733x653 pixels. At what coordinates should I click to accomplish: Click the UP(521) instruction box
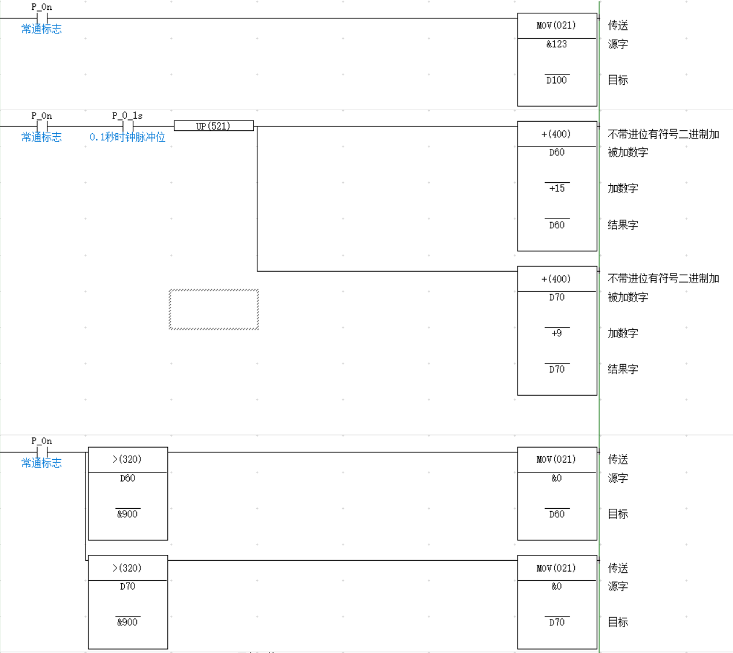coord(214,126)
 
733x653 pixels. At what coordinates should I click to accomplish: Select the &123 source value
coord(556,44)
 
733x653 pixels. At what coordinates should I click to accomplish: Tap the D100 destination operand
coord(556,80)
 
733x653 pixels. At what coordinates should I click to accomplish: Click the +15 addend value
coord(557,188)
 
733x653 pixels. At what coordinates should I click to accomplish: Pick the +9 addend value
coord(556,333)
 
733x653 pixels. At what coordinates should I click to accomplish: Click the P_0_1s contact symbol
coord(128,126)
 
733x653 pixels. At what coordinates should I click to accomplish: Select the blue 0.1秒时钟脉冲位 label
coord(127,137)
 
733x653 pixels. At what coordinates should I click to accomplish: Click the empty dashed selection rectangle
coord(214,309)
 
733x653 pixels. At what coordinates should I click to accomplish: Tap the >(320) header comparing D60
coord(127,459)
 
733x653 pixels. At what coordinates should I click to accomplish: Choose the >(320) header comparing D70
coord(127,568)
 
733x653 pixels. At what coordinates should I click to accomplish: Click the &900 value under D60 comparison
coord(127,514)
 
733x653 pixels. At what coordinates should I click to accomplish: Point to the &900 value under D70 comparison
coord(127,622)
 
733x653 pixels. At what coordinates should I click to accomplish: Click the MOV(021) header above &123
coord(556,25)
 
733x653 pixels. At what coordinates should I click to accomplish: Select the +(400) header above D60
coord(556,134)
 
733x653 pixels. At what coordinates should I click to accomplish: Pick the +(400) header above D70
coord(556,279)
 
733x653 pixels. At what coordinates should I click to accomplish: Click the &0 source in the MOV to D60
coord(556,478)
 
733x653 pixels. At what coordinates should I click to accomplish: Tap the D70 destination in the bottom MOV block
coord(556,622)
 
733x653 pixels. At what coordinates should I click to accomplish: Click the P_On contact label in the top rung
coord(42,7)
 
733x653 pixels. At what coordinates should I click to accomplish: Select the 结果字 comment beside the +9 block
coord(623,369)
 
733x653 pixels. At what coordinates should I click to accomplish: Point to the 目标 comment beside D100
coord(618,80)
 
